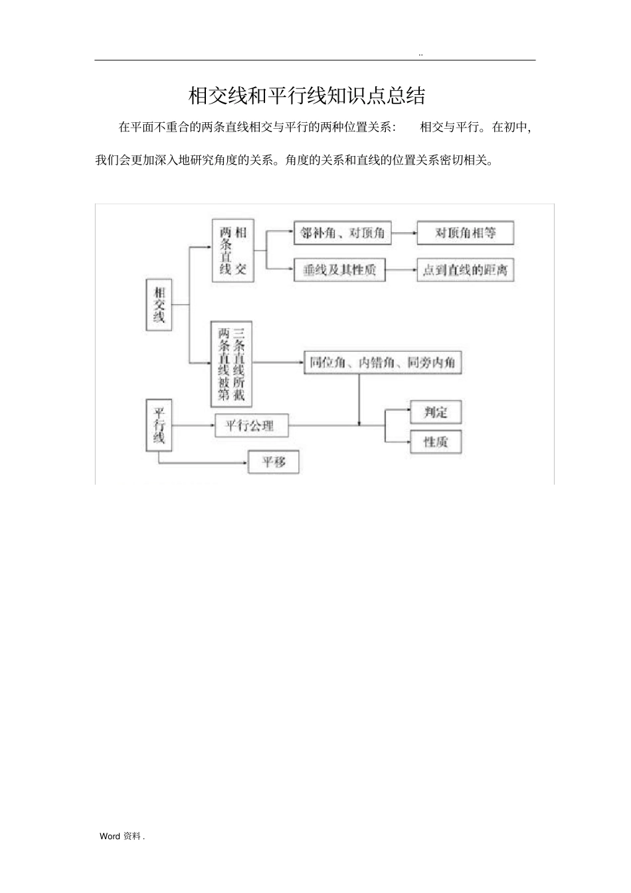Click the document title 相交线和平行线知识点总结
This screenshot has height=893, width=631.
(307, 96)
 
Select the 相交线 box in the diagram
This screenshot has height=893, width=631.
(159, 305)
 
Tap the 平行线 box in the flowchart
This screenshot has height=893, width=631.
(159, 425)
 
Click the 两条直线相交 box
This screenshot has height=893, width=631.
(232, 250)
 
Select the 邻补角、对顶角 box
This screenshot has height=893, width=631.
(342, 234)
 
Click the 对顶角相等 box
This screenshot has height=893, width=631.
(465, 234)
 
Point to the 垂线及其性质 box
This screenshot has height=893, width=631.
(339, 270)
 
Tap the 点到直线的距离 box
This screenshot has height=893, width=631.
(465, 270)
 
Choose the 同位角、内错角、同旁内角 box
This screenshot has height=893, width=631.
(382, 363)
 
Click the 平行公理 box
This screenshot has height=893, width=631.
(252, 425)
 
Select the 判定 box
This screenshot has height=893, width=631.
(436, 412)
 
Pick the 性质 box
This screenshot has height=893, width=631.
(436, 442)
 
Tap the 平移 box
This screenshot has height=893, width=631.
(273, 461)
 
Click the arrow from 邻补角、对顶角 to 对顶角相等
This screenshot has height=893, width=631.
(404, 234)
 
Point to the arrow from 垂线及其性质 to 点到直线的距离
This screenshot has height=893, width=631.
(401, 270)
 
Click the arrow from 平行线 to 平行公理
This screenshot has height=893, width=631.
(193, 425)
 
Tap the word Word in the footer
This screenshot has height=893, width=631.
(110, 837)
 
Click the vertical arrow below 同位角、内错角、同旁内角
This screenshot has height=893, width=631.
(359, 398)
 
